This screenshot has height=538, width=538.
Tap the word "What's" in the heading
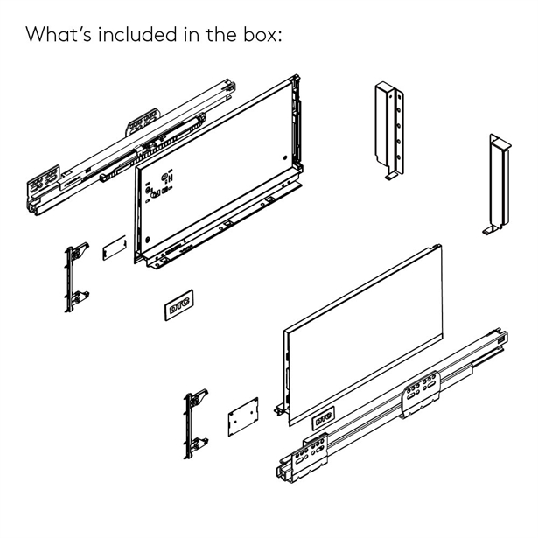pos(58,35)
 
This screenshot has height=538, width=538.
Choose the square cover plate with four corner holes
pos(242,417)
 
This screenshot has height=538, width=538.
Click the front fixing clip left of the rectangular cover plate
pos(77,276)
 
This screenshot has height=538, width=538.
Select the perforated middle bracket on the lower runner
pos(421,393)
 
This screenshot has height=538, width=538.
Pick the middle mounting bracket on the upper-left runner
pos(143,123)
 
